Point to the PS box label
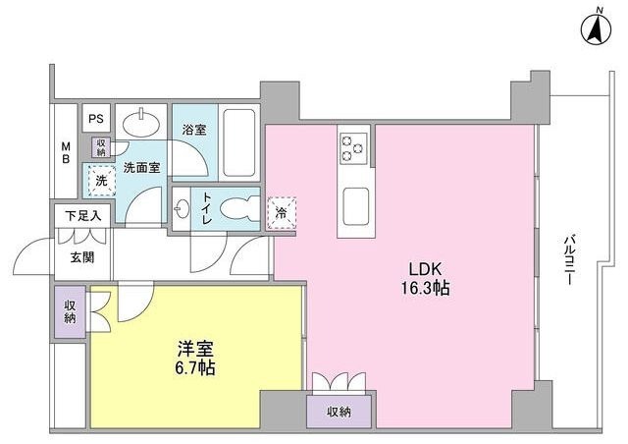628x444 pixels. click(x=96, y=119)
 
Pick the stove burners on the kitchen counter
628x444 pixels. click(x=353, y=147)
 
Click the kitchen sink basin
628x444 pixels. click(x=354, y=206)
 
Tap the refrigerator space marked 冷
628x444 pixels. click(x=281, y=210)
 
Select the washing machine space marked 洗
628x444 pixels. click(x=98, y=181)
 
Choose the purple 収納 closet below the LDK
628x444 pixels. click(x=339, y=411)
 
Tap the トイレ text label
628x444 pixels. click(x=207, y=208)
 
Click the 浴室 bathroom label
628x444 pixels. click(x=192, y=129)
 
